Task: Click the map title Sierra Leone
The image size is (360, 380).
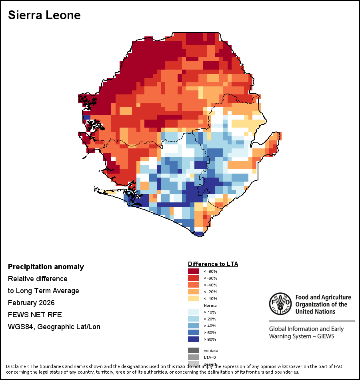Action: (x=44, y=15)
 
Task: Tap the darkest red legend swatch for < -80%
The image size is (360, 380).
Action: (x=194, y=271)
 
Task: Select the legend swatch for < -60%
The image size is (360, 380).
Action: (x=194, y=278)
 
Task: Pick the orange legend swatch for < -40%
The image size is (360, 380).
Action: (x=194, y=285)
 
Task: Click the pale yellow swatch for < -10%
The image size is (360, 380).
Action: (x=194, y=298)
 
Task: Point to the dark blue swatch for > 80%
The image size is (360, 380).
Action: (x=194, y=339)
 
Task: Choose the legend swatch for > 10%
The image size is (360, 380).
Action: (x=194, y=312)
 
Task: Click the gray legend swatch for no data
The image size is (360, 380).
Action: (x=194, y=350)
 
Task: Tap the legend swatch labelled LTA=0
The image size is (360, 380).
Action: (x=194, y=357)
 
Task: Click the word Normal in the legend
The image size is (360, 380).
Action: (x=210, y=305)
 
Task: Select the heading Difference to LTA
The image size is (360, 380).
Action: (x=213, y=264)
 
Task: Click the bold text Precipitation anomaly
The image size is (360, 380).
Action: (x=46, y=267)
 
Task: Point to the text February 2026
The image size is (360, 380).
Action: (x=31, y=303)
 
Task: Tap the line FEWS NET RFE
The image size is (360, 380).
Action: (x=35, y=315)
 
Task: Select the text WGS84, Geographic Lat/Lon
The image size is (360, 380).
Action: (x=54, y=327)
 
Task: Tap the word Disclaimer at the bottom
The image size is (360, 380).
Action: (x=17, y=366)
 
